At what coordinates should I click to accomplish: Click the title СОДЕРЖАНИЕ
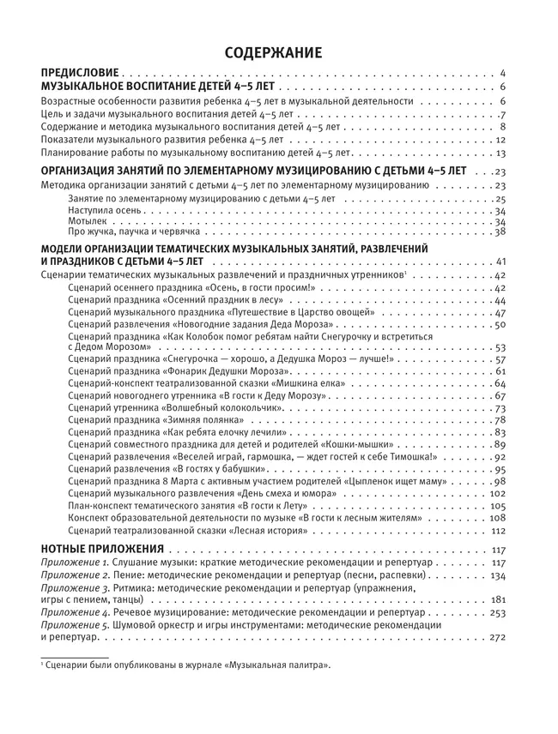(273, 53)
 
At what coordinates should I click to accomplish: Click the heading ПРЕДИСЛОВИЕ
(81, 75)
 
